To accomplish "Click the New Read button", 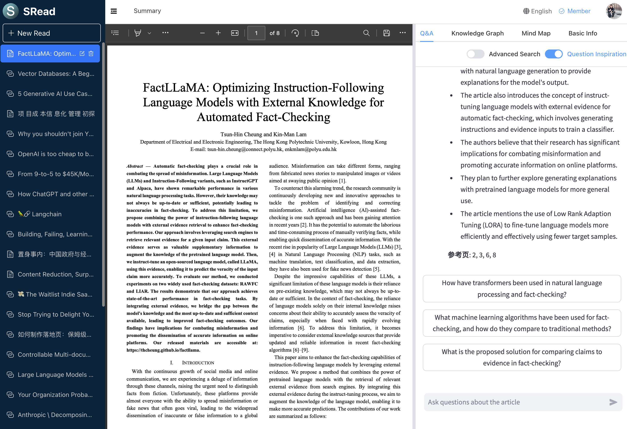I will (x=52, y=33).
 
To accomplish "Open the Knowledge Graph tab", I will (x=477, y=33).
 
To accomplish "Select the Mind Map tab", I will (x=536, y=33).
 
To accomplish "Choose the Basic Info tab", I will (x=582, y=33).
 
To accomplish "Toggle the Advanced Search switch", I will (x=475, y=54).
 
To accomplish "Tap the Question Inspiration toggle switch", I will (x=553, y=54).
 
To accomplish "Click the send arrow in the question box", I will (x=613, y=402).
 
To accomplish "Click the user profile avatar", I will (x=614, y=11).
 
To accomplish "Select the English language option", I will (x=537, y=11).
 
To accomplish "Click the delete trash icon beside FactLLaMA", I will (x=91, y=54).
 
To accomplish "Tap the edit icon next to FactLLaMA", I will (x=82, y=54).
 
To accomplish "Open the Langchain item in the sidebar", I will (x=46, y=214).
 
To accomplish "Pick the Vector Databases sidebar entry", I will (x=56, y=74).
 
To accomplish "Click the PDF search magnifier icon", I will (x=366, y=33).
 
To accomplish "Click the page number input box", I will (x=256, y=33).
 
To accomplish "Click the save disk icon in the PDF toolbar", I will (x=386, y=33).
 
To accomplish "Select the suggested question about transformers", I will (x=522, y=289).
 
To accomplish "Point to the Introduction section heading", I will (x=192, y=363).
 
